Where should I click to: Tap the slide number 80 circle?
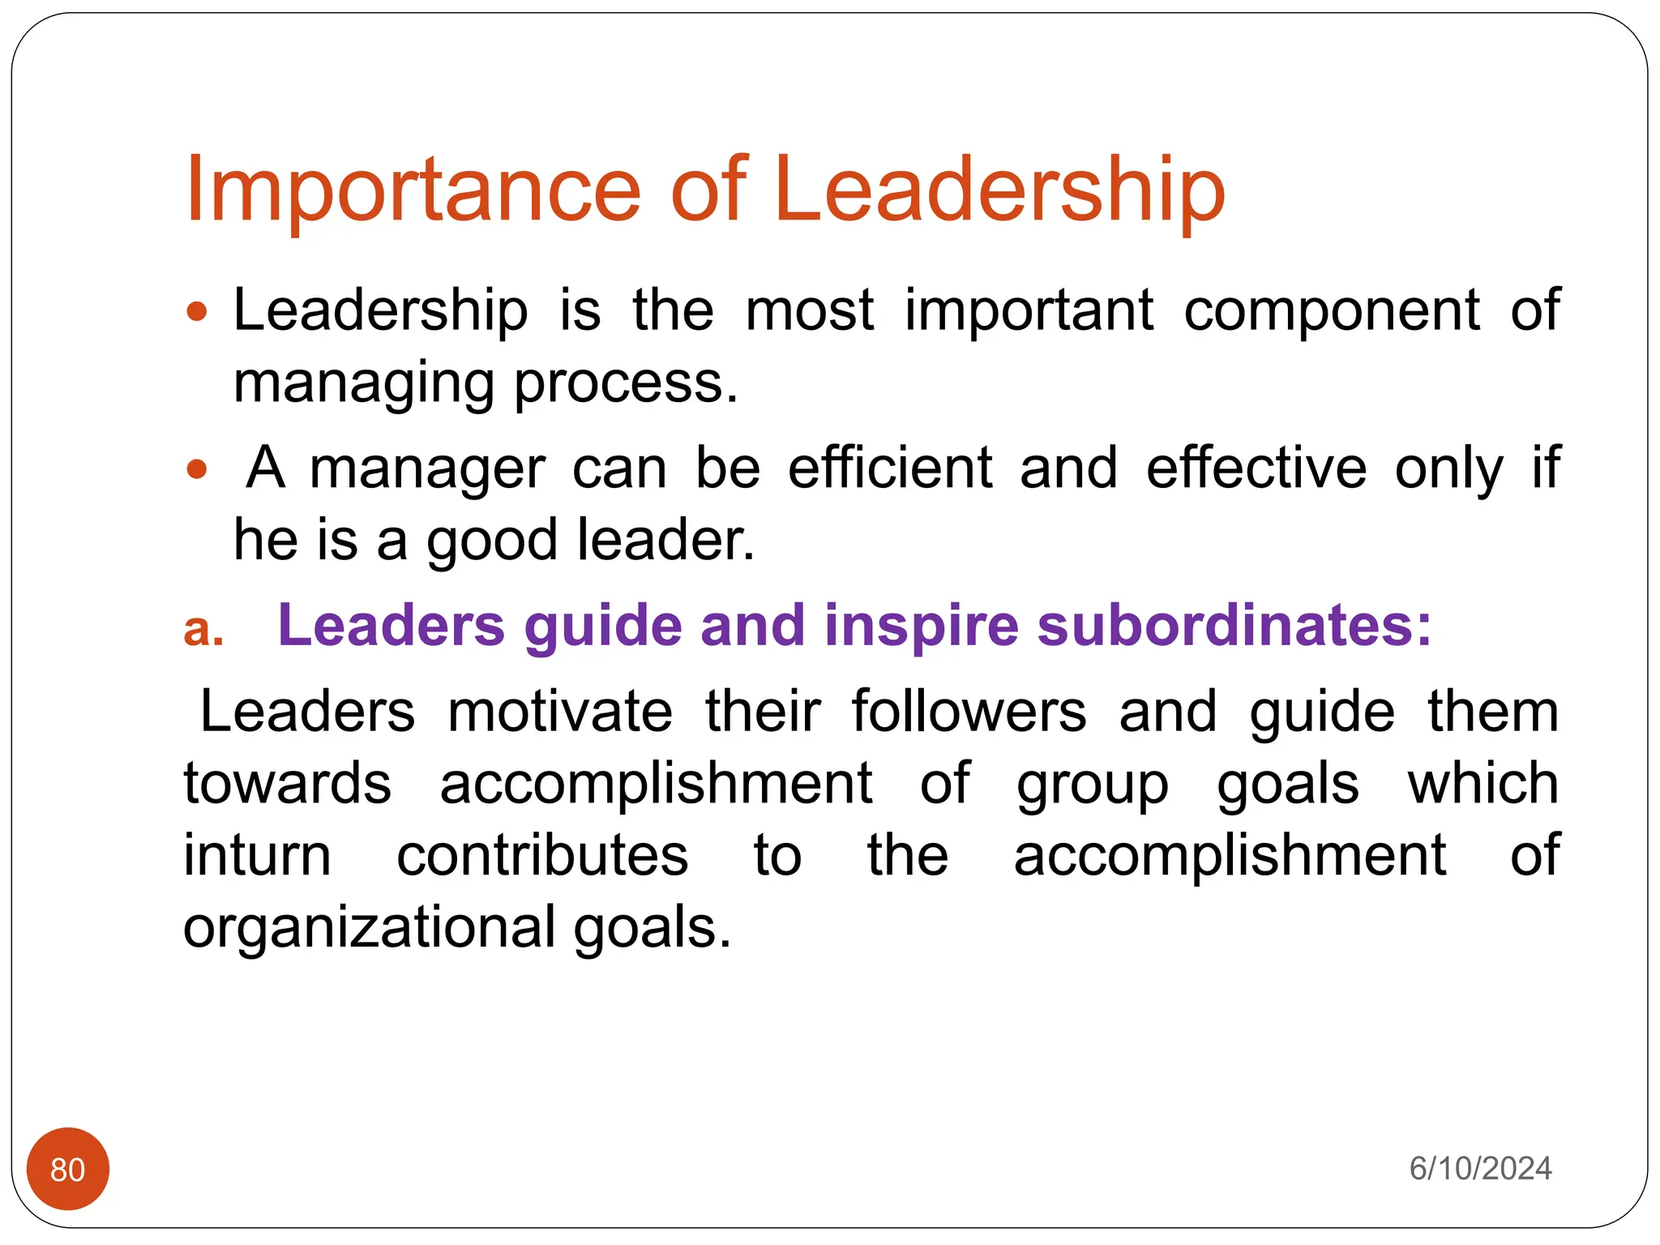68,1169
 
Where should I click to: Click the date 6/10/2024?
1480,1169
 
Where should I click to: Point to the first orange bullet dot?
197,311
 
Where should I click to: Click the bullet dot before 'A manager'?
197,469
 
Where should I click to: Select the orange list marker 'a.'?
203,629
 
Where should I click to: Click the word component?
1332,311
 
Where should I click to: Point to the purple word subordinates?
1234,626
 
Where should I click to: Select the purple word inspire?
921,626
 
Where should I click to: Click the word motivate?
560,712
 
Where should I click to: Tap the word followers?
969,712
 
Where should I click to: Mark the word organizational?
370,928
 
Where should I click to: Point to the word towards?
288,784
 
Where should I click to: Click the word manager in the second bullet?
428,469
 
